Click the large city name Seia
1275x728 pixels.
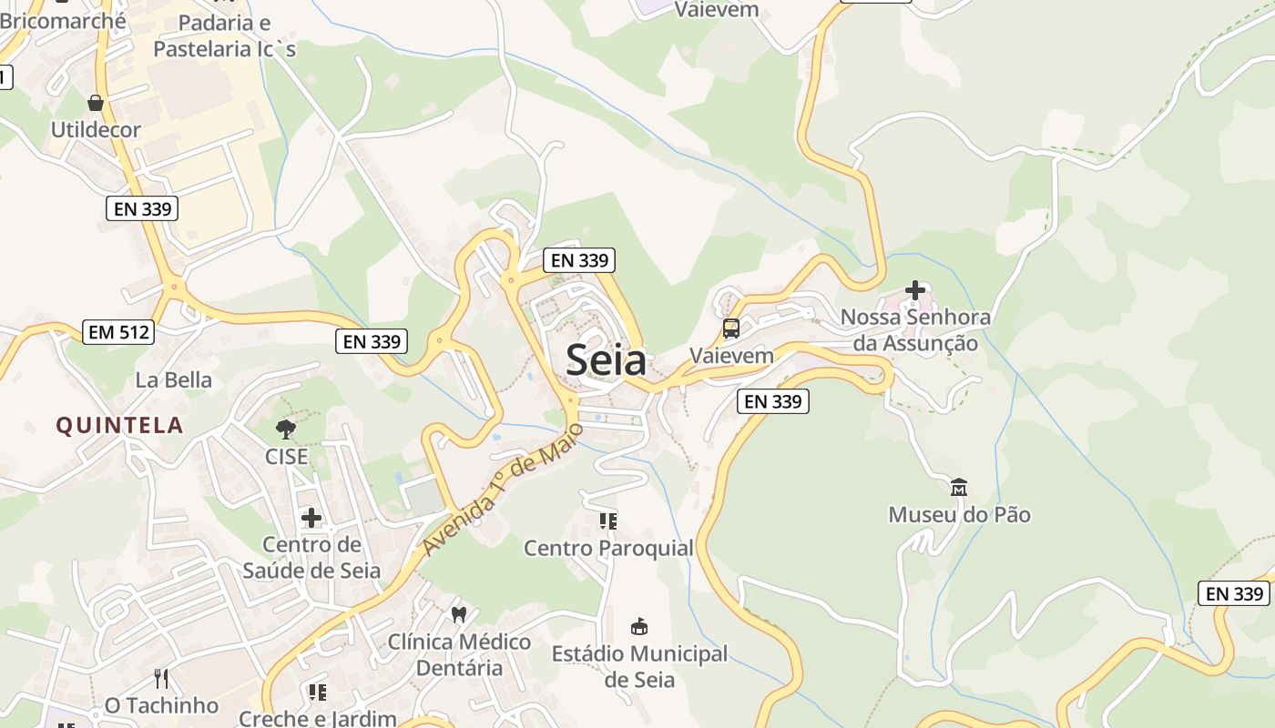[x=607, y=360]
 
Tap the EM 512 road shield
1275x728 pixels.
[x=117, y=332]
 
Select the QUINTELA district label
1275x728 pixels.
[x=119, y=425]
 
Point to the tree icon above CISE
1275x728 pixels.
[x=286, y=429]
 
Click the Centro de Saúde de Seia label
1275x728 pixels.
[x=311, y=558]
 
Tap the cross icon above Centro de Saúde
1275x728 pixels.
[x=311, y=519]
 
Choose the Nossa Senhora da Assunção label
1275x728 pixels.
[x=915, y=330]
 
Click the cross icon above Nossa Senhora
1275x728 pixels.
[x=915, y=291]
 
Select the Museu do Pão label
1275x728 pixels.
[x=959, y=515]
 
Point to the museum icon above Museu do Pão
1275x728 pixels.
[x=959, y=488]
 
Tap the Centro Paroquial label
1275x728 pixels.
[x=608, y=548]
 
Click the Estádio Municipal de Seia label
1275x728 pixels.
[x=639, y=666]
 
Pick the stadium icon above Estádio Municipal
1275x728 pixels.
[x=639, y=626]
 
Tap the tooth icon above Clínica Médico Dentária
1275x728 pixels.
[x=459, y=614]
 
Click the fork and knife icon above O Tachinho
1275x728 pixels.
[x=161, y=679]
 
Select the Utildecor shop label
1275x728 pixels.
[x=96, y=129]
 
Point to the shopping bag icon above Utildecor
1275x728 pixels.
[x=96, y=102]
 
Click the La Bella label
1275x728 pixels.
[x=173, y=379]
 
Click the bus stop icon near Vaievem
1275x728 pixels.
[x=730, y=329]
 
